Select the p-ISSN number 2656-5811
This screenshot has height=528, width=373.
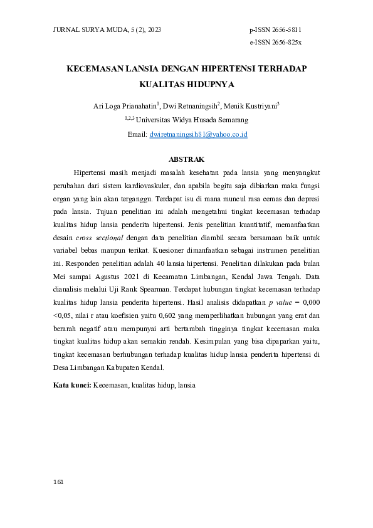click(x=285, y=29)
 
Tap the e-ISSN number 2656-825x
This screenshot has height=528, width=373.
click(x=285, y=42)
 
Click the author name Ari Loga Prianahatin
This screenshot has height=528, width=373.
click(x=123, y=106)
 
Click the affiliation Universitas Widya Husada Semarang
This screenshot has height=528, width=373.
click(x=192, y=120)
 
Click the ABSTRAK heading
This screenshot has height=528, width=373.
click(x=187, y=159)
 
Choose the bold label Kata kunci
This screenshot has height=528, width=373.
click(x=72, y=385)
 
